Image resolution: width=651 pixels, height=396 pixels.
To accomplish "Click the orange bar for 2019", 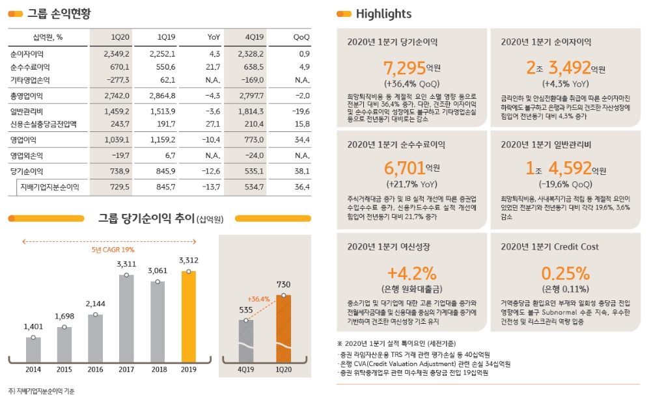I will pos(188,316).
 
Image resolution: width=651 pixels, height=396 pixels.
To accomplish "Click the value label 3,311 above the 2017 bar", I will pos(126,264).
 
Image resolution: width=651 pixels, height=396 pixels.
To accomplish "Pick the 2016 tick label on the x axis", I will pos(95,369).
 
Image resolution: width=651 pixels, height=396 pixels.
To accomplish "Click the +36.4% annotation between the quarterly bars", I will pos(258,299).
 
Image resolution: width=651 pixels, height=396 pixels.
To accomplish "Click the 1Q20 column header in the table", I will pos(120,37).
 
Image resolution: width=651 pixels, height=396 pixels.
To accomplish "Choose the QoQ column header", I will pos(301,37).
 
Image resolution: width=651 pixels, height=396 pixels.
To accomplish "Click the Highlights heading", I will pos(383,14).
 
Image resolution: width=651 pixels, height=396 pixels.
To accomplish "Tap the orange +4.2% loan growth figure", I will pos(411,272).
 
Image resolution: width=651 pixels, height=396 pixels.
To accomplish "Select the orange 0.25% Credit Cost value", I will pos(565,272).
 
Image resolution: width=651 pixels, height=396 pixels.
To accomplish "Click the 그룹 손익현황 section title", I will pos(59,14).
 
